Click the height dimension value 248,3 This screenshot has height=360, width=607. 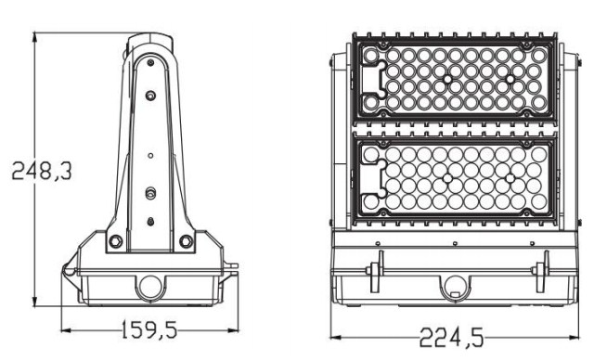[42, 171]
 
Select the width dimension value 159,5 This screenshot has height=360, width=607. [149, 330]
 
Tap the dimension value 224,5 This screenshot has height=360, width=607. [452, 337]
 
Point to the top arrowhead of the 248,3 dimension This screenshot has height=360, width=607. [35, 37]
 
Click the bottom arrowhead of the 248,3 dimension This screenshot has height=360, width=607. [35, 302]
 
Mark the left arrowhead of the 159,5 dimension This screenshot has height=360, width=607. [67, 330]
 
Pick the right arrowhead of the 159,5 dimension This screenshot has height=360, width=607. [234, 330]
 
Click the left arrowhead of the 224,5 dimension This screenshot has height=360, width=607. [336, 337]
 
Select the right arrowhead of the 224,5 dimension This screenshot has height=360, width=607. [575, 337]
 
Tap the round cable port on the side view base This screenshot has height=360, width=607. [150, 288]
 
